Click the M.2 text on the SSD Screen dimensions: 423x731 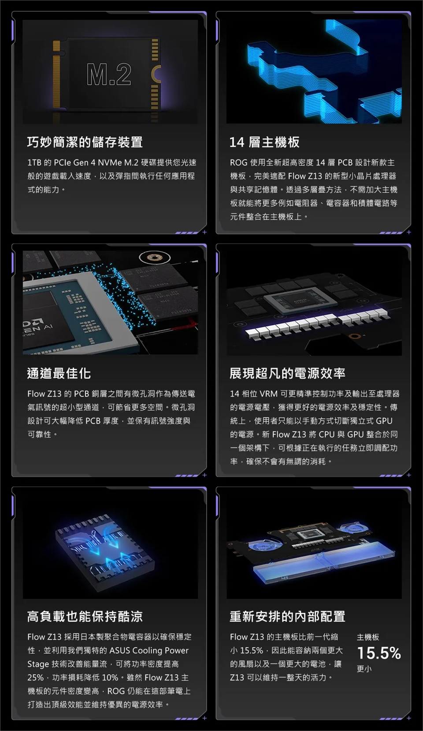coord(109,75)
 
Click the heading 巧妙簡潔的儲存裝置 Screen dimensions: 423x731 coord(85,142)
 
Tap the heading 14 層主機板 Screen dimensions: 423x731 coord(264,142)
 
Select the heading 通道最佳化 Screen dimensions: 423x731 coord(59,373)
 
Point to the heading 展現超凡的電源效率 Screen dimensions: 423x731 coord(287,373)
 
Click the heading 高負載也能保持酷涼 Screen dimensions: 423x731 coord(85,616)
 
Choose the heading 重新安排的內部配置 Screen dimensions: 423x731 coord(287,616)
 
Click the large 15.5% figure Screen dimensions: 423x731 coord(379,653)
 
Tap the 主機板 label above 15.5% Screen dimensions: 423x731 coord(368,637)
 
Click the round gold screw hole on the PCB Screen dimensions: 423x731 coord(155,258)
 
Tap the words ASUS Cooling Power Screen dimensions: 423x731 coord(149,650)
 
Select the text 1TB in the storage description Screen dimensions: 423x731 coord(34,162)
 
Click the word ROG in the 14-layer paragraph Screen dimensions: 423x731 coord(238,162)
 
